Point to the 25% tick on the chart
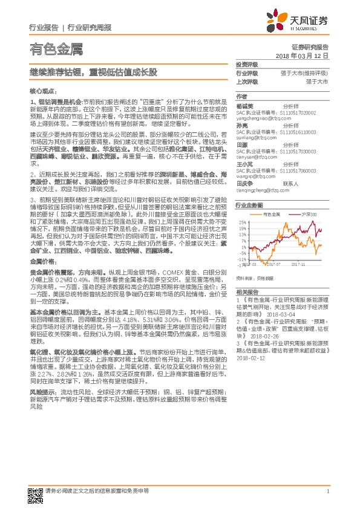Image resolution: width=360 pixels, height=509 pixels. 243,222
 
